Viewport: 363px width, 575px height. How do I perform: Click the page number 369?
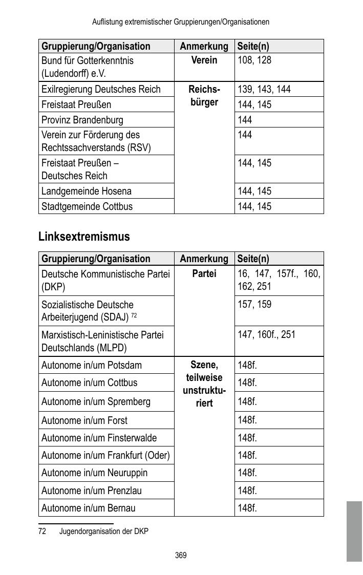pos(181,555)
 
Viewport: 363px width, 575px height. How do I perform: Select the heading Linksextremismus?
pos(84,237)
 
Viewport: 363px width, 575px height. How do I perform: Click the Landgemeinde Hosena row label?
pos(87,191)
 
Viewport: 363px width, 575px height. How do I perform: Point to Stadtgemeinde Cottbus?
pos(87,206)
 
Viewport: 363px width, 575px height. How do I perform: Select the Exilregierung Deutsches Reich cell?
pos(101,89)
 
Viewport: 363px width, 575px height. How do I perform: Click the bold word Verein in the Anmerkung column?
pos(204,60)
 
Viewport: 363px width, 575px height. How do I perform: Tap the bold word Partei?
pos(204,274)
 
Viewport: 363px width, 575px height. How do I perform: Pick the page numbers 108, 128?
pos(254,60)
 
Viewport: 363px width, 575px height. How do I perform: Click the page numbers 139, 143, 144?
pos(264,89)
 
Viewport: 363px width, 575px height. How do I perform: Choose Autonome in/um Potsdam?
pos(92,365)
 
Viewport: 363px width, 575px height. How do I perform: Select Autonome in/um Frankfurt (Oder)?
pos(105,455)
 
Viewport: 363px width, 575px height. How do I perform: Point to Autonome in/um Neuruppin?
pos(94,473)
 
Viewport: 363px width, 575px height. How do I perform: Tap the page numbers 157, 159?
pos(254,305)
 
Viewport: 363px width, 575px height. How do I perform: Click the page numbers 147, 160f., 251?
pos(267,335)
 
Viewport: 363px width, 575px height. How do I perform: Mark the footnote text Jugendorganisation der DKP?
pos(104,531)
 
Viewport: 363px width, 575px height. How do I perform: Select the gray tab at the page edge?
pos(354,531)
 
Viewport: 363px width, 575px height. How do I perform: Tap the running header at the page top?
pos(181,22)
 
